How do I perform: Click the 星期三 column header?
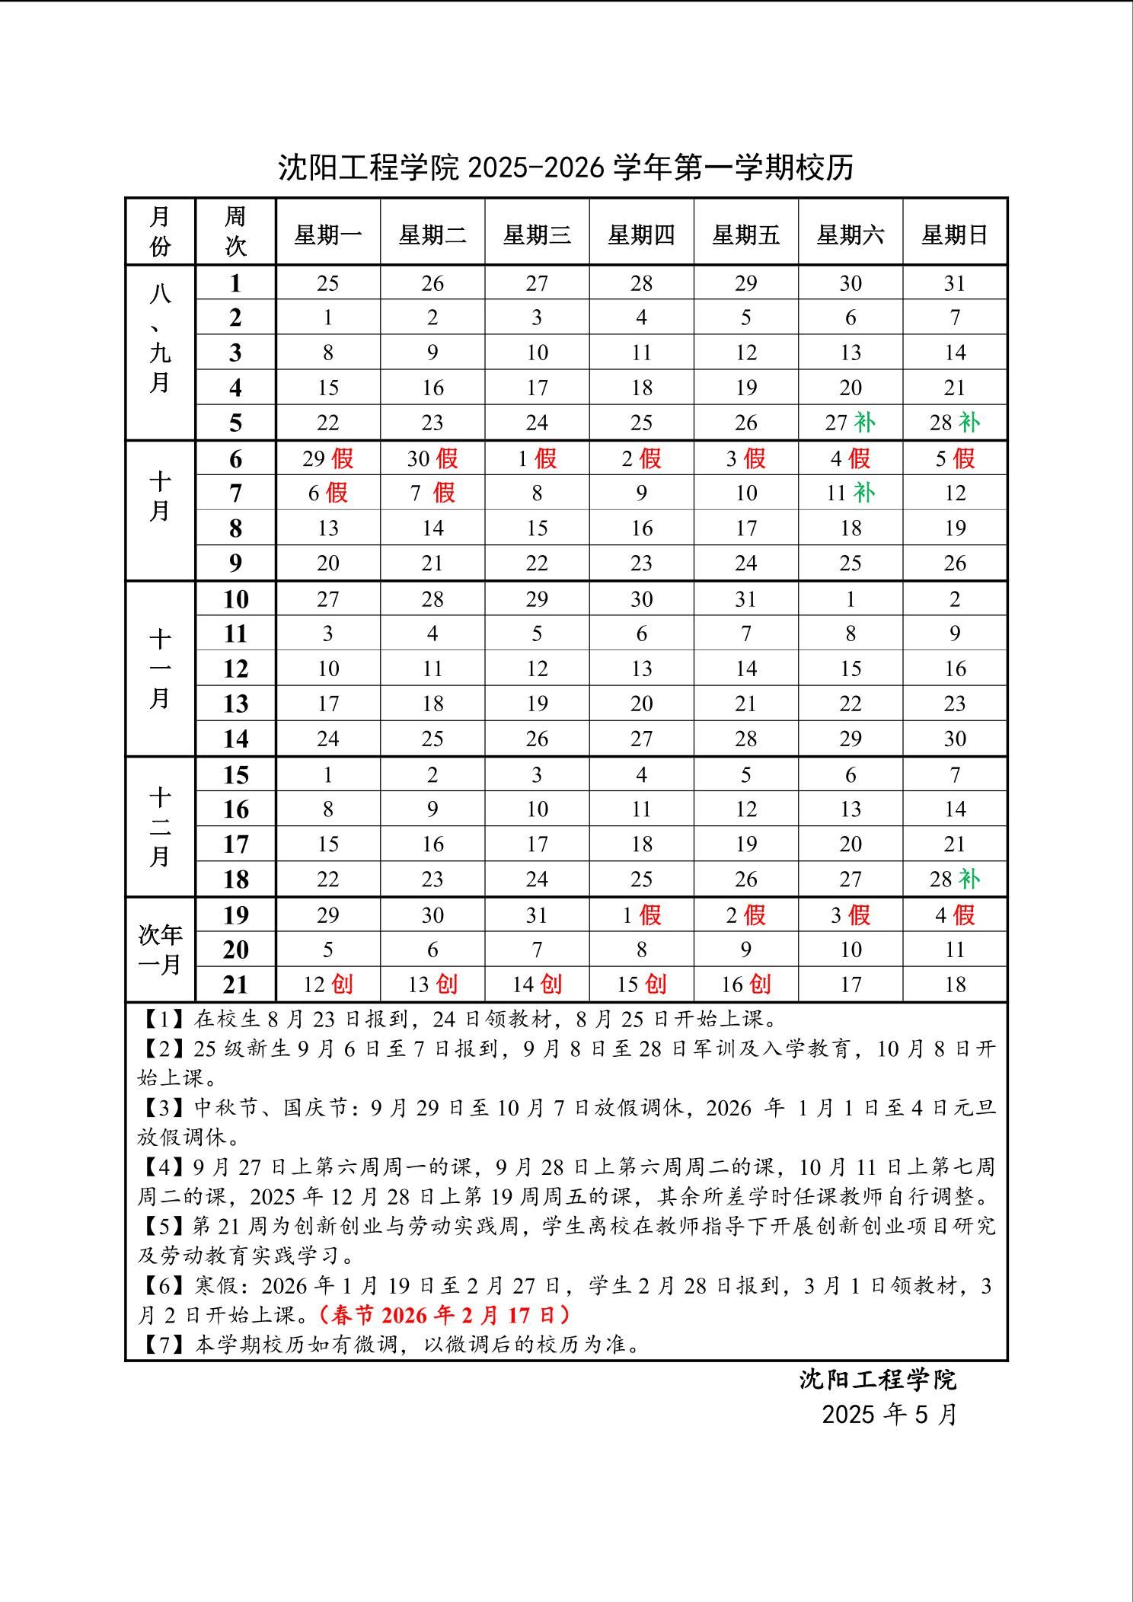[537, 235]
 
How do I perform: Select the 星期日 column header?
[955, 235]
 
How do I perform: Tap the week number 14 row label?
[235, 738]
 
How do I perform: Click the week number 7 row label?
[235, 493]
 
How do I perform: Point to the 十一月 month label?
[160, 668]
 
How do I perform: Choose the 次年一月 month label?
[160, 949]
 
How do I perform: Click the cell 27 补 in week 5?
[851, 423]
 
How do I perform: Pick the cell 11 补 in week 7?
[851, 493]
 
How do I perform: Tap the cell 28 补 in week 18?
[955, 879]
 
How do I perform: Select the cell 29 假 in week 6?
[327, 458]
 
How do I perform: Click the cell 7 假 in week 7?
[432, 493]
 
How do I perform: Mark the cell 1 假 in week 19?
[641, 914]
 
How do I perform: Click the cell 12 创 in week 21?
[327, 984]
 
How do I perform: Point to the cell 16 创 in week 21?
[746, 984]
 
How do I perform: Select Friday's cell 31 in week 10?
[746, 599]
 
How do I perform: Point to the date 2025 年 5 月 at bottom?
[889, 1415]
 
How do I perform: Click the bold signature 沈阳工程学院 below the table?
[877, 1380]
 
